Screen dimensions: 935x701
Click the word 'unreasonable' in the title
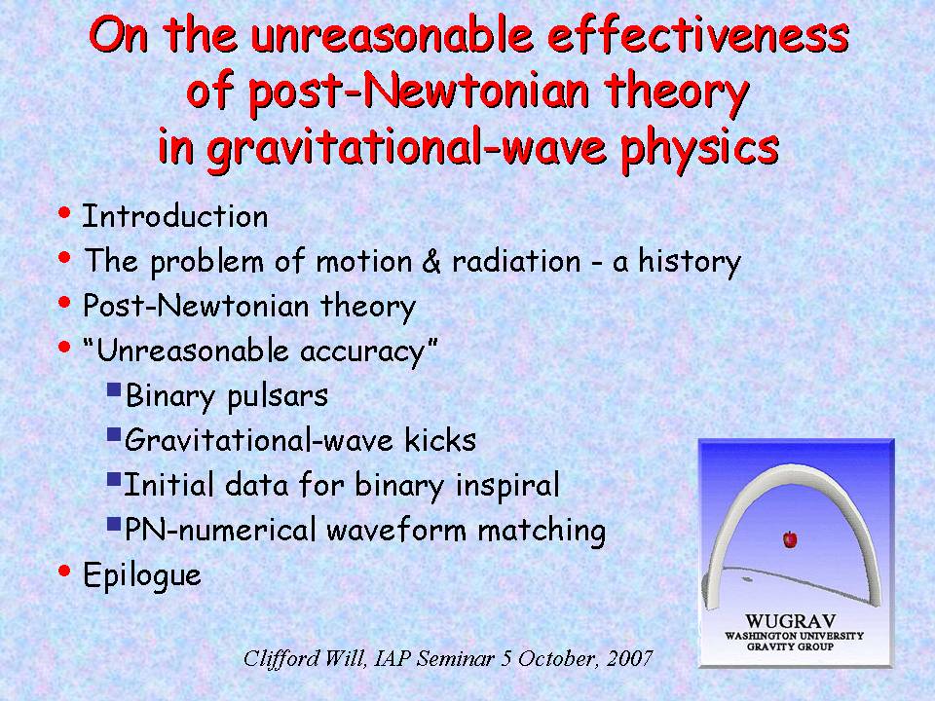point(392,35)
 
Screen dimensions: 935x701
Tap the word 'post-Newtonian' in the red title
point(419,92)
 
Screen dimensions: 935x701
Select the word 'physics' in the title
point(699,148)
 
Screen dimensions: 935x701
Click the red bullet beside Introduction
point(64,214)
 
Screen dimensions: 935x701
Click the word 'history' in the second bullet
point(690,262)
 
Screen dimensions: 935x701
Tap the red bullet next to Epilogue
point(64,572)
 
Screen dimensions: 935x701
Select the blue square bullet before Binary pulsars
point(114,390)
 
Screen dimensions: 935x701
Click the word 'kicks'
point(440,440)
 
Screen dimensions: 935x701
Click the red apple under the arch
point(790,539)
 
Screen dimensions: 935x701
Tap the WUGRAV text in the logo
point(790,622)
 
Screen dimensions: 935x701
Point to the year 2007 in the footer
point(630,659)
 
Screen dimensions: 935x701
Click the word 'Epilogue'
point(142,575)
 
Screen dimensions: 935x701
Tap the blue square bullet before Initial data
point(114,480)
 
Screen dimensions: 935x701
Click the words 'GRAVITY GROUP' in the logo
point(790,646)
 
